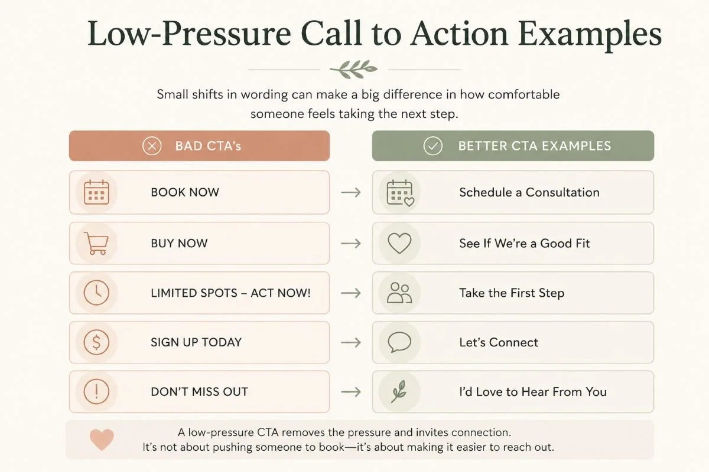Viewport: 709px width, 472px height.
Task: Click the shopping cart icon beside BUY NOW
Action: tap(96, 243)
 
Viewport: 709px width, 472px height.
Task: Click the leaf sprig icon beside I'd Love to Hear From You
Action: tap(398, 391)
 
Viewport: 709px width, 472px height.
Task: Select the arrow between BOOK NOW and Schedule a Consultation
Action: tap(351, 192)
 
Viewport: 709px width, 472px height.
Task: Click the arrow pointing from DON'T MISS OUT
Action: tap(351, 392)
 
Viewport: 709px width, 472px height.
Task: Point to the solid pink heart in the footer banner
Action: tap(102, 440)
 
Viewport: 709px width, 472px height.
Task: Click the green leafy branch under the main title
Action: tap(353, 69)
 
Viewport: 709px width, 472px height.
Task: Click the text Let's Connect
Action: tap(499, 342)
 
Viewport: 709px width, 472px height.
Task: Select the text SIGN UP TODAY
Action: tap(196, 342)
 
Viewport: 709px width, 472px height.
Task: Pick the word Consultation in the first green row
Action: tap(562, 192)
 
